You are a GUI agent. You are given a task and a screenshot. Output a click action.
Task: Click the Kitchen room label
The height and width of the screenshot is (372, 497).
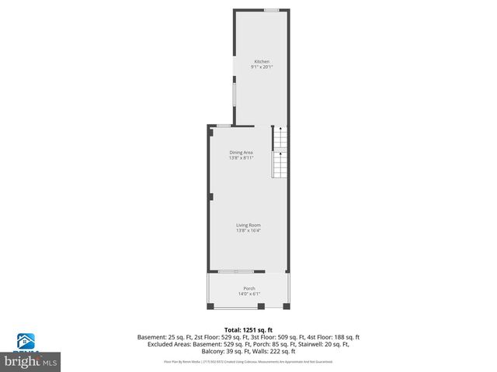pyautogui.click(x=262, y=61)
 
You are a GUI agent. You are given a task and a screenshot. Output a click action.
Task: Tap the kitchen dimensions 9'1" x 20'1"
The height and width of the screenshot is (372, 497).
pyautogui.click(x=262, y=67)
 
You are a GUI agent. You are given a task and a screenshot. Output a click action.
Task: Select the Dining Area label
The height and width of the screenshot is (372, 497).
pyautogui.click(x=241, y=152)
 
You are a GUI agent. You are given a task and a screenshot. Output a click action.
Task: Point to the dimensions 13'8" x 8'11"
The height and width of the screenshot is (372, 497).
pyautogui.click(x=241, y=158)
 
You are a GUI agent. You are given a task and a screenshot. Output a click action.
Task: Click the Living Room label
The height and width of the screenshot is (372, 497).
pyautogui.click(x=248, y=225)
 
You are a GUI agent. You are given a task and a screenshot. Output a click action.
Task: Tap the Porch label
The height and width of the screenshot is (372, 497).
pyautogui.click(x=248, y=288)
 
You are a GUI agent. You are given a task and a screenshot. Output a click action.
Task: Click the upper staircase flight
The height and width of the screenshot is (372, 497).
pyautogui.click(x=280, y=139)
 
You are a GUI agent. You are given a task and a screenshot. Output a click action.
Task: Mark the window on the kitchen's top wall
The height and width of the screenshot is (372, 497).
pyautogui.click(x=271, y=10)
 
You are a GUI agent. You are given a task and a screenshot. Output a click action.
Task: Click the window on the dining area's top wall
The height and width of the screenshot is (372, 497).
pyautogui.click(x=223, y=126)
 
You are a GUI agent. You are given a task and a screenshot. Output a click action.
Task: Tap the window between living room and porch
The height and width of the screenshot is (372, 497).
pyautogui.click(x=235, y=271)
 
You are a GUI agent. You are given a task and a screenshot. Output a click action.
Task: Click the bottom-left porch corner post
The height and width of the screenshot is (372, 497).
pyautogui.click(x=210, y=307)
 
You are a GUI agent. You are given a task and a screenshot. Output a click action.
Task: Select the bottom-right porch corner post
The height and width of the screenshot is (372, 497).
pyautogui.click(x=287, y=307)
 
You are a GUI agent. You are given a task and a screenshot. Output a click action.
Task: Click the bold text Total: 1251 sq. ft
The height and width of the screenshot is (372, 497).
pyautogui.click(x=248, y=329)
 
